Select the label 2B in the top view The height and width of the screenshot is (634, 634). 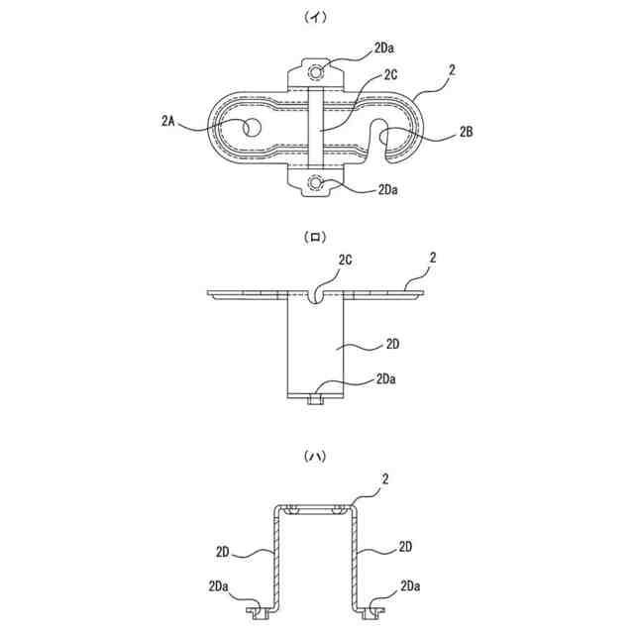point(465,132)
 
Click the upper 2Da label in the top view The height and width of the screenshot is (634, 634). point(388,47)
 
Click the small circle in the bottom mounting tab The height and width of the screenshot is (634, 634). point(317,182)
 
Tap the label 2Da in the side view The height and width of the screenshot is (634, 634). point(389,379)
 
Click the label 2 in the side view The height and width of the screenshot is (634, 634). point(434,260)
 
